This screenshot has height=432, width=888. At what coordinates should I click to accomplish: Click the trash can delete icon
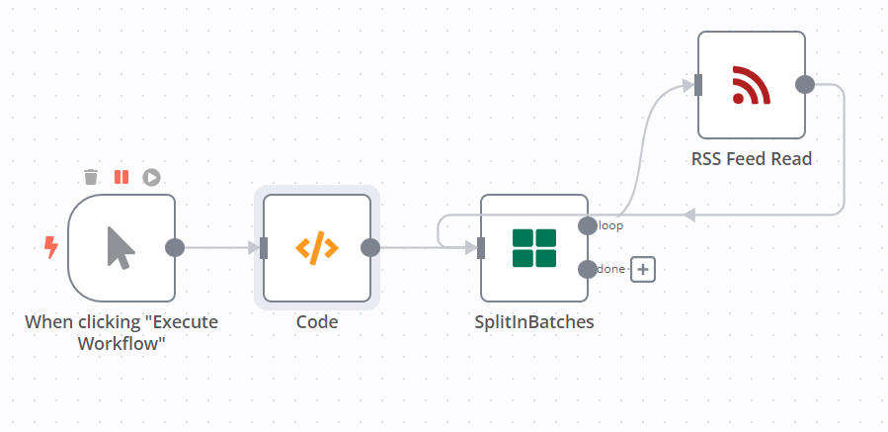pos(91,177)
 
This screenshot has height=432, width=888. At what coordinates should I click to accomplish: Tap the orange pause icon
pos(121,177)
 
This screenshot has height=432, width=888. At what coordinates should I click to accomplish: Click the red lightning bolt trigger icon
pos(51,247)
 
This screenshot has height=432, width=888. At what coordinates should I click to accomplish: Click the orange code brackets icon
pos(317,247)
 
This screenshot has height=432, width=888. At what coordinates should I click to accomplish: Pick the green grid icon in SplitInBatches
pos(534,247)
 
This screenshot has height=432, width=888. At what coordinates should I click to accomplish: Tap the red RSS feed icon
pos(752,85)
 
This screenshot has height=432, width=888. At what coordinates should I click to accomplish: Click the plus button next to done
pos(643,269)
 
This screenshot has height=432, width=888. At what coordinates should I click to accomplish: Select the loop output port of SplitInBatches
pos(587,225)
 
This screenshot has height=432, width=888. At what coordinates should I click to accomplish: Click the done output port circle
pos(587,269)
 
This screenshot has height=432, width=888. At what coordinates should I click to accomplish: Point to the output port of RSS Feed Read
pos(805,85)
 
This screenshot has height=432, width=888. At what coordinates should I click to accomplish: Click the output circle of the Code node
pos(370,247)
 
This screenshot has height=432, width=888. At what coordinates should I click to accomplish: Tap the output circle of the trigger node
pos(175,247)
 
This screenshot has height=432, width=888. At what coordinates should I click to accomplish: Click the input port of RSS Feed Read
pos(698,85)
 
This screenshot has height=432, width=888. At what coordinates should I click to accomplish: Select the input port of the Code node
pos(264,247)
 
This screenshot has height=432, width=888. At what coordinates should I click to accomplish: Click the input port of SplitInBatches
pos(481,247)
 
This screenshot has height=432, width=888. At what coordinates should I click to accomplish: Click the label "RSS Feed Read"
pos(752,158)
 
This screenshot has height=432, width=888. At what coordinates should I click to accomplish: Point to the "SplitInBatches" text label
pos(534,322)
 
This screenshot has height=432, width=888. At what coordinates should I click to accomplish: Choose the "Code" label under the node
pos(317,322)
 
